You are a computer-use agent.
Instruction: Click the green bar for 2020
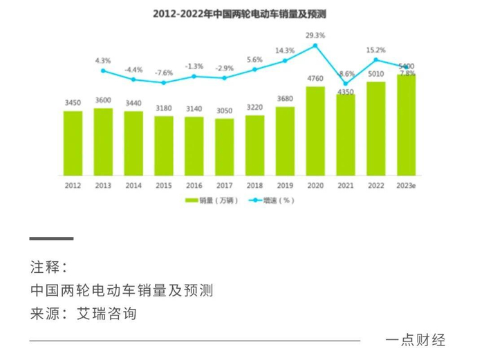point(315,131)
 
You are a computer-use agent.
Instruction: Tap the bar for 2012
point(73,144)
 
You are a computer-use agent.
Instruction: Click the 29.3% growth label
point(315,35)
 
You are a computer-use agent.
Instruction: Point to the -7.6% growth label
point(164,73)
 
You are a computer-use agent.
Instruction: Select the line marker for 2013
point(103,70)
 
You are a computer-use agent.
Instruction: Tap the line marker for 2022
point(376,60)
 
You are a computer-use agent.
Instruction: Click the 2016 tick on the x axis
point(194,186)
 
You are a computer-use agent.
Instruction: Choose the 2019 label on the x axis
point(285,186)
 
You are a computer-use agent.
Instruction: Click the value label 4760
point(315,79)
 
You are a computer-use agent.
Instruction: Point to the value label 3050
point(225,112)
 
